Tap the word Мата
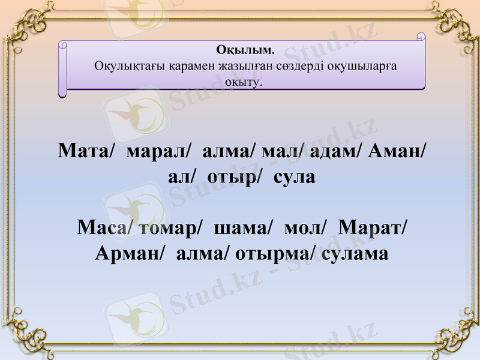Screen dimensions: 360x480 [x=83, y=151]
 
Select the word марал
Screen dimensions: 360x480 [x=157, y=151]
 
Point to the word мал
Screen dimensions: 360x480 [x=283, y=151]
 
